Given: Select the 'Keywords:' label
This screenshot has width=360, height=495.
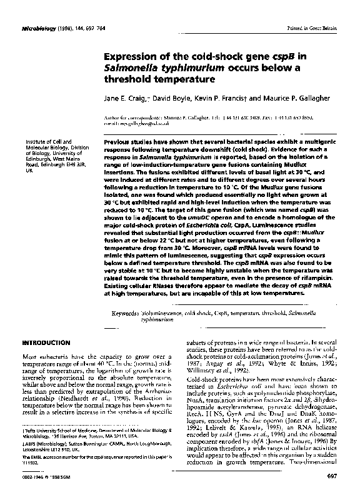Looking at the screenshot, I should [x=130, y=312].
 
